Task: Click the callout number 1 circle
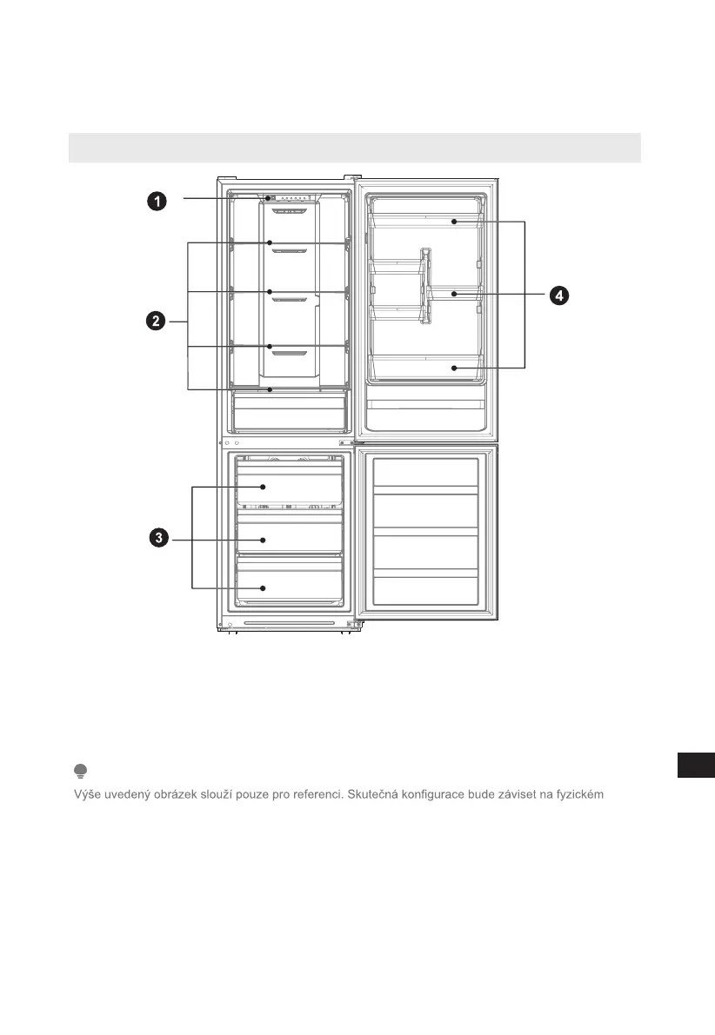click(157, 202)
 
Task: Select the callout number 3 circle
click(157, 539)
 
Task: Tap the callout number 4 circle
click(558, 296)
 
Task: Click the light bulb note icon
click(80, 771)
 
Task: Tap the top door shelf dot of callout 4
click(454, 222)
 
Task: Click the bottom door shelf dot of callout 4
click(454, 368)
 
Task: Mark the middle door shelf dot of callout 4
click(454, 295)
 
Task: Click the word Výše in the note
click(85, 794)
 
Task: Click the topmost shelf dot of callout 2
click(271, 242)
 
